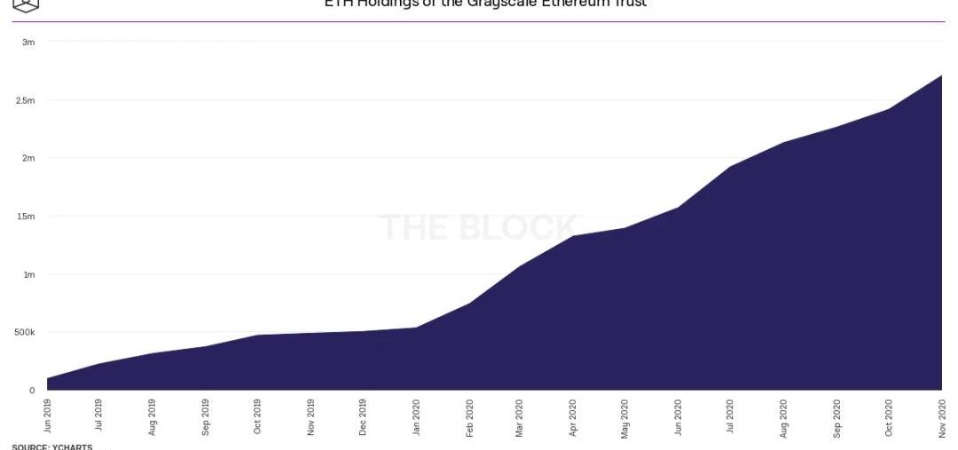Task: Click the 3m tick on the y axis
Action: [x=28, y=43]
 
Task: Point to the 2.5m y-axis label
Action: [x=25, y=100]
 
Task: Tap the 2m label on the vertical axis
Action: [x=28, y=158]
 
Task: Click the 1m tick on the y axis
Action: [x=28, y=274]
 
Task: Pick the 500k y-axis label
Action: [x=23, y=332]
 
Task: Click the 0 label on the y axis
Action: [x=32, y=390]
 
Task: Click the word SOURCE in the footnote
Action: [x=28, y=446]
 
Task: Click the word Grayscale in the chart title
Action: [x=497, y=4]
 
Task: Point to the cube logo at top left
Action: [x=27, y=4]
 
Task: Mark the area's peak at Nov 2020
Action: [x=940, y=76]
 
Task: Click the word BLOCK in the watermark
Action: [x=519, y=228]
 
